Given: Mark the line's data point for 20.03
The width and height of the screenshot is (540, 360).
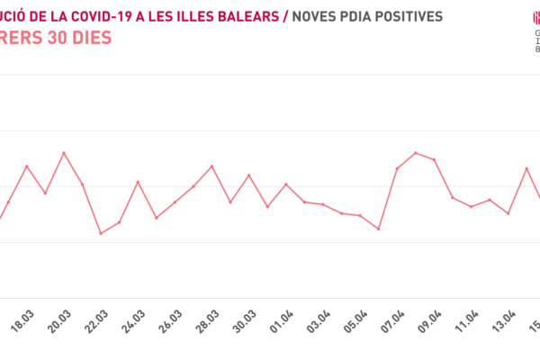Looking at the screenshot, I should (x=64, y=153).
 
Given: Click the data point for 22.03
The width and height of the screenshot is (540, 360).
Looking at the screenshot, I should (x=101, y=233).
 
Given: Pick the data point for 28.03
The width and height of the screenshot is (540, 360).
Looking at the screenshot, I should (x=211, y=166).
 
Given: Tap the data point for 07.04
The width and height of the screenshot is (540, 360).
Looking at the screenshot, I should (x=397, y=168).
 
